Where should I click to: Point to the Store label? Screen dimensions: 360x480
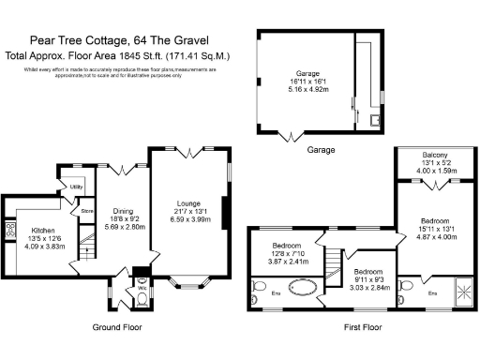pos(85,211)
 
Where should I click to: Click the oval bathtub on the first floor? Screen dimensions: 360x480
pos(308,286)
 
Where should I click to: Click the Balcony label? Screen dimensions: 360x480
pos(434,155)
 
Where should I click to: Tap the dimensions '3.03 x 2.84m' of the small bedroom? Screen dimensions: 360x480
pos(359,263)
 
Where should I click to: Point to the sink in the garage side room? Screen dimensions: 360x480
pos(374,119)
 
